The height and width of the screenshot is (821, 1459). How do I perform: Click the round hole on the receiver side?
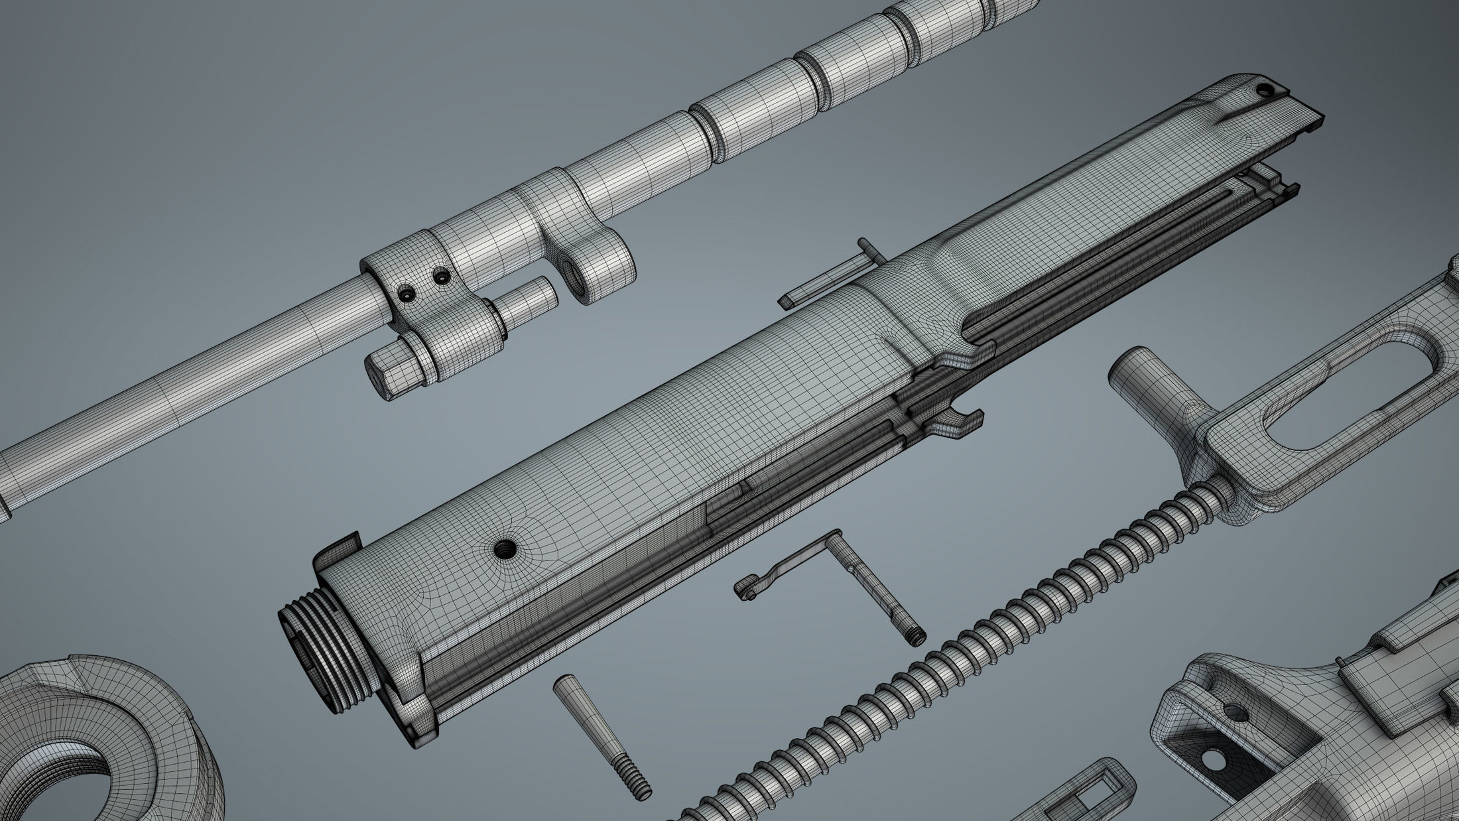[x=505, y=548]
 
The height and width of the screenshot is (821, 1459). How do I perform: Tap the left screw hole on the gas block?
[x=406, y=292]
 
